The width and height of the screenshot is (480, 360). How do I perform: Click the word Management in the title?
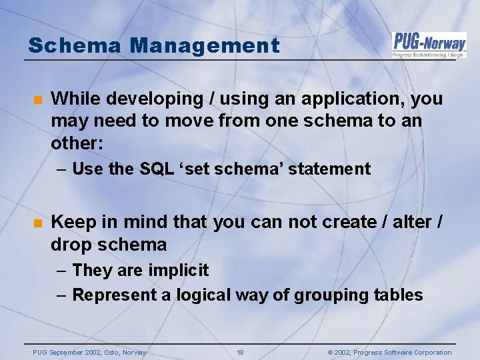[205, 45]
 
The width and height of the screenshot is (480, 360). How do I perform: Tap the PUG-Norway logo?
[429, 45]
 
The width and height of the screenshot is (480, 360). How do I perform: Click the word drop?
[71, 245]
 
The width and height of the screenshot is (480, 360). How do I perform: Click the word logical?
[208, 295]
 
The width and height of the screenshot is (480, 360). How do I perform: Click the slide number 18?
[240, 352]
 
